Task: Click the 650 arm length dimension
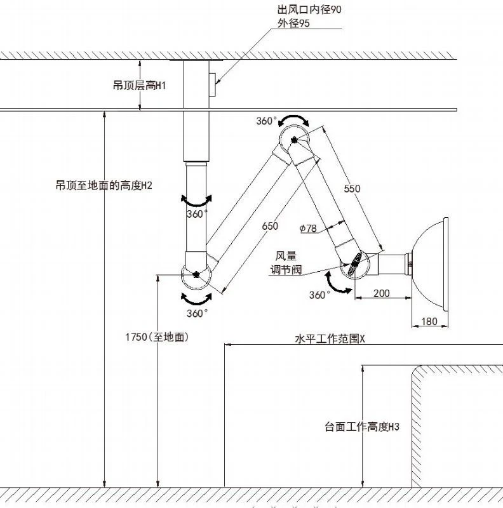click(x=270, y=226)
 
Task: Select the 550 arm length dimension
click(x=352, y=189)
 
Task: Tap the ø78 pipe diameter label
click(x=308, y=229)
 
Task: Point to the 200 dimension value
click(x=382, y=293)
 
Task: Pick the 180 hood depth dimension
click(x=429, y=321)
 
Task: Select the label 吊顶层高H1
click(x=139, y=86)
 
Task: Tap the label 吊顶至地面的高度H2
click(x=104, y=185)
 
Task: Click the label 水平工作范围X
click(x=330, y=339)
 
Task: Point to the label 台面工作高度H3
click(x=362, y=427)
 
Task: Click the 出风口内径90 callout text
click(x=309, y=10)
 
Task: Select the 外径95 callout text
click(x=293, y=23)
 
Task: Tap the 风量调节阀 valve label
click(x=286, y=263)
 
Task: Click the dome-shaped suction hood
click(x=431, y=263)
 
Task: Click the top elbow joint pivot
click(x=294, y=140)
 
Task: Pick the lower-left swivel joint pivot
click(x=196, y=275)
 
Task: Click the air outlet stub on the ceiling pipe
click(x=212, y=84)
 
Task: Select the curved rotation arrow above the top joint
click(x=294, y=119)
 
